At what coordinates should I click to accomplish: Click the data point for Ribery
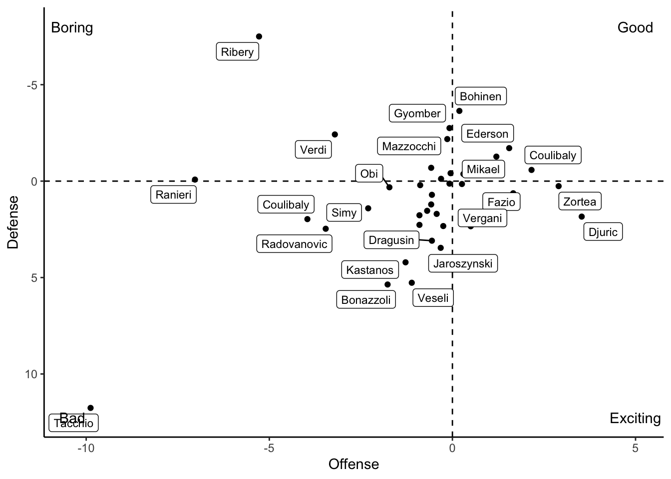[259, 36]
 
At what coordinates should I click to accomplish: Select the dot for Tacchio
[90, 408]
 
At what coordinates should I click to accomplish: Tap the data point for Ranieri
[195, 180]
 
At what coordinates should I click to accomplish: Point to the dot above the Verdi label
[335, 135]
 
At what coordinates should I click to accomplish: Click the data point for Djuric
[582, 217]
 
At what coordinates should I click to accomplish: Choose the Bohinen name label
[480, 96]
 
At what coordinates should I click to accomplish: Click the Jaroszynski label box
[463, 263]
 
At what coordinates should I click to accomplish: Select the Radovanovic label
[295, 244]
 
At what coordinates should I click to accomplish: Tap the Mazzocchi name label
[409, 146]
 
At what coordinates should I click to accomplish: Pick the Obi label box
[369, 174]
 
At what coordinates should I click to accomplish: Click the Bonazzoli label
[366, 300]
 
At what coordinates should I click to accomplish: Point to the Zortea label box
[580, 202]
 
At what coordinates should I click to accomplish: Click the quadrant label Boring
[72, 27]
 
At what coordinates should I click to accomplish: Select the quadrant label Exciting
[635, 418]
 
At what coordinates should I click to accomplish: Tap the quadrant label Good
[635, 27]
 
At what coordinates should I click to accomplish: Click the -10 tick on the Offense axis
[86, 448]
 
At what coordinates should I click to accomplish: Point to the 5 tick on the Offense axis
[635, 448]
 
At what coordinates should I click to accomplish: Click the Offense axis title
[353, 465]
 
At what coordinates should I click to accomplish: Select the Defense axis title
[13, 222]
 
